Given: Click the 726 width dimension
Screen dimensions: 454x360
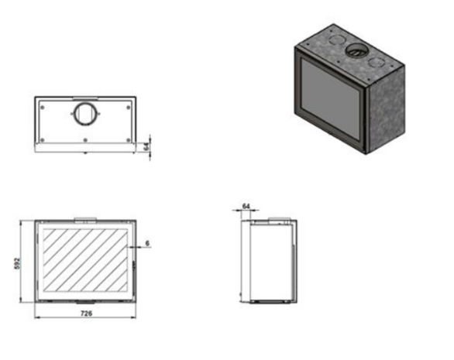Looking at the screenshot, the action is (x=86, y=313).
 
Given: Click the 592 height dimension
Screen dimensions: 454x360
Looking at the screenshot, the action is (x=17, y=263).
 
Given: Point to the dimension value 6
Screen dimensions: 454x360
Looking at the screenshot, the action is (x=147, y=243).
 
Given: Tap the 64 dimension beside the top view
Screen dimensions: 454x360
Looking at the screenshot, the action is (x=146, y=146).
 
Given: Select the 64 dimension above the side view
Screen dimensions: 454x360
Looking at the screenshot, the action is (x=246, y=206).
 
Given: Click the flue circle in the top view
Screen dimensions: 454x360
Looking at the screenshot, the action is (x=85, y=114).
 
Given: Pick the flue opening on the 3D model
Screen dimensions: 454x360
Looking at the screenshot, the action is (x=356, y=51).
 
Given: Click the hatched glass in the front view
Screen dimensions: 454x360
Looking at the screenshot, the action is (x=85, y=260).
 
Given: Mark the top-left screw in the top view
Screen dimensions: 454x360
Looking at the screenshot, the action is (x=43, y=108).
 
